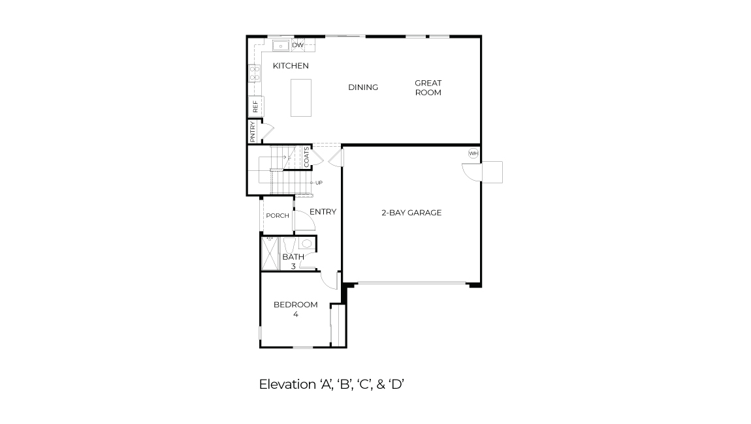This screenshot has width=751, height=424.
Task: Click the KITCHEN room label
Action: coord(291,66)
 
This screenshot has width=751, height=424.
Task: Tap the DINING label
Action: coord(362,87)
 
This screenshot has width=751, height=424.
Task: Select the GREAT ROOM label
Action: coord(428,87)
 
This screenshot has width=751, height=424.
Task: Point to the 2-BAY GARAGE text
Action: coord(411,213)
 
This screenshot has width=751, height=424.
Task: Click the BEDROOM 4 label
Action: coord(295,309)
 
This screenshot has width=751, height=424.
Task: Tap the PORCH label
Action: coord(277,216)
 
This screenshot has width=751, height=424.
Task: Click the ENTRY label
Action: coord(323,212)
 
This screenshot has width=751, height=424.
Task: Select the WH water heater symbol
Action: coord(473,154)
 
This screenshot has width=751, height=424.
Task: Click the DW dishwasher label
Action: coord(298,45)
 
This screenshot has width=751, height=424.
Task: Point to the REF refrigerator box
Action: coord(255,106)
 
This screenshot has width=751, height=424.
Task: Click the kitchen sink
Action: coord(280,46)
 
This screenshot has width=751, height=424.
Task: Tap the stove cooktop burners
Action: coord(254,73)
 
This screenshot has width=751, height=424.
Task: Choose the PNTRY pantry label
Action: coord(253,131)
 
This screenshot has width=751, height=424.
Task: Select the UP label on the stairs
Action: coord(319,183)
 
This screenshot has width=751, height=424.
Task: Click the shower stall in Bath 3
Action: coord(270,253)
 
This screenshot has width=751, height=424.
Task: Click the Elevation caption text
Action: coord(332,384)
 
